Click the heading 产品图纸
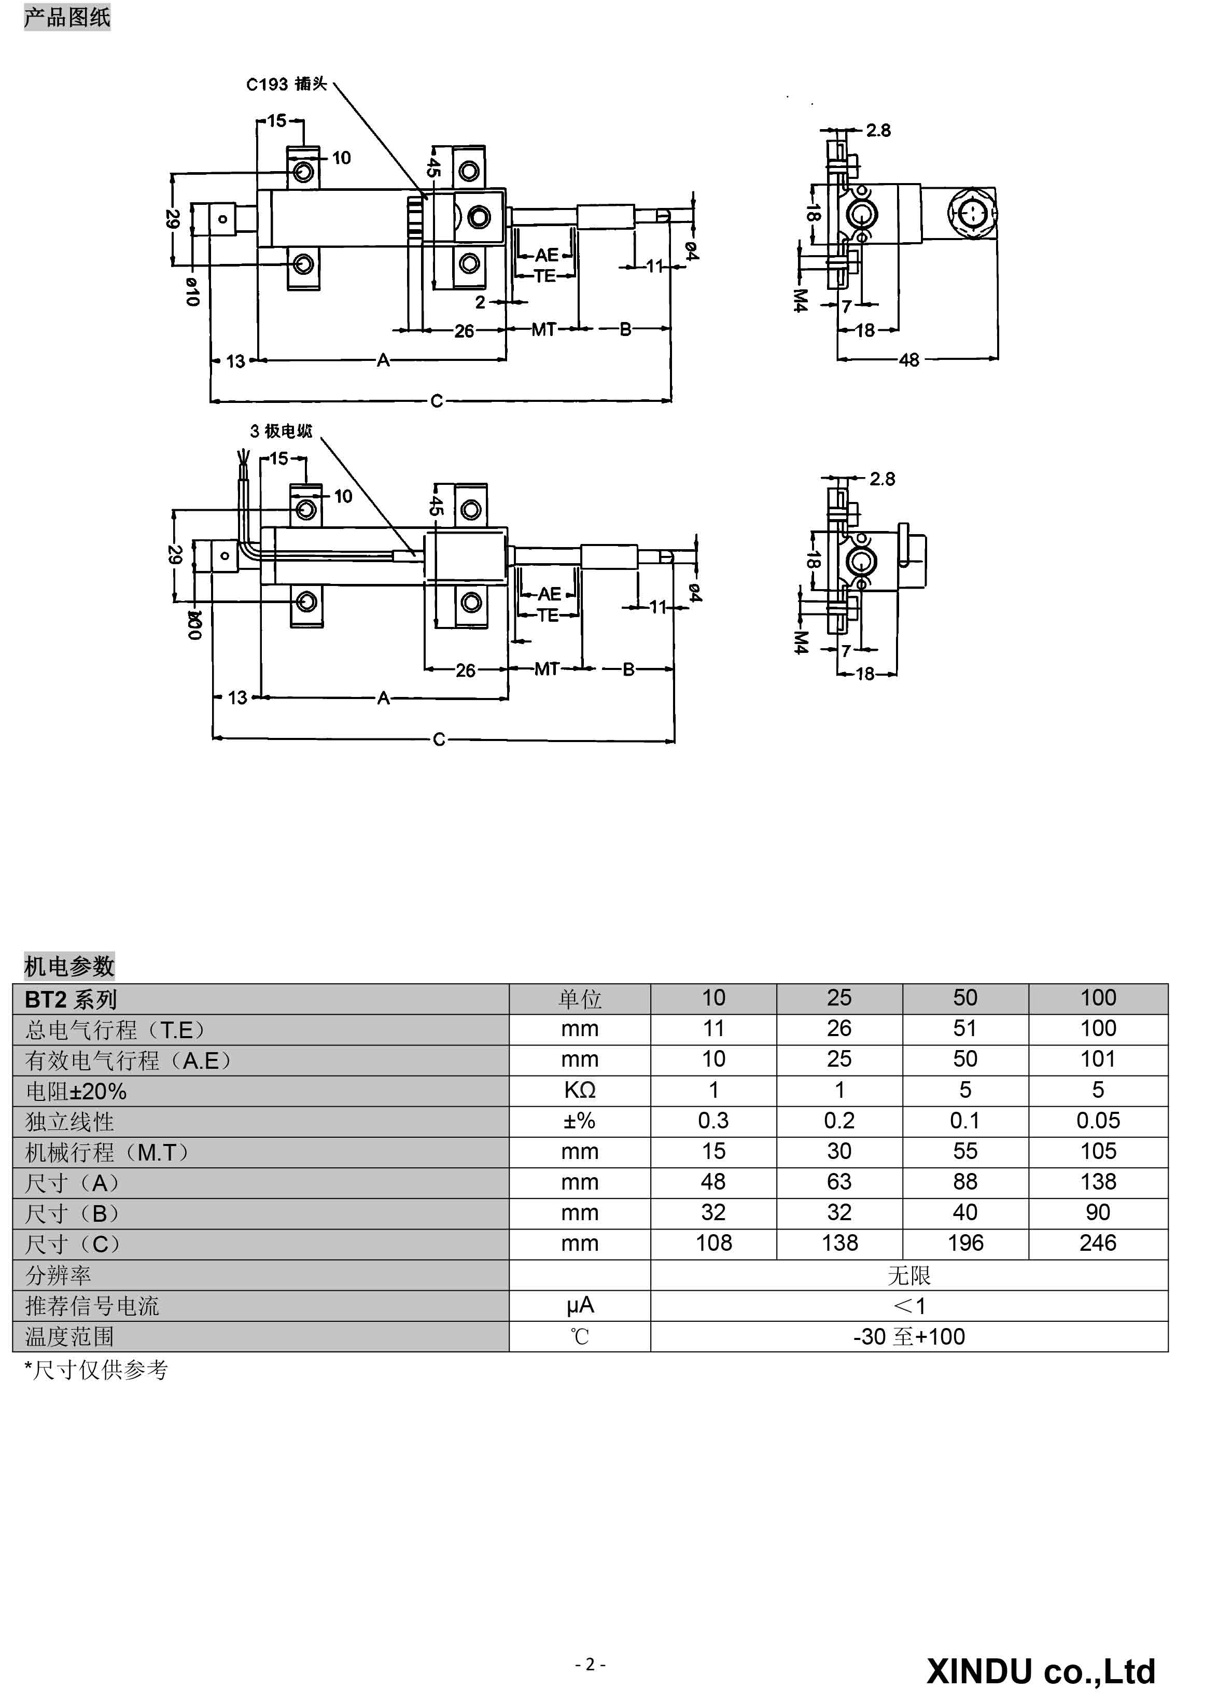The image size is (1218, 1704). point(67,17)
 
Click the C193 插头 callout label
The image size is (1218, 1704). point(287,84)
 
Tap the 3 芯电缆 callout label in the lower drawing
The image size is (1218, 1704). point(281,431)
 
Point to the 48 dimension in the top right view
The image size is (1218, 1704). point(909,360)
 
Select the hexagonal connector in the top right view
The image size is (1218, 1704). point(972,213)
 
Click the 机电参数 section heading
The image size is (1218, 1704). point(69,966)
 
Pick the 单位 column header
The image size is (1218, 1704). point(580,999)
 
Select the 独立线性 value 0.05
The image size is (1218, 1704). point(1098,1121)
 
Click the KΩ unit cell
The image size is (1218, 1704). point(580,1090)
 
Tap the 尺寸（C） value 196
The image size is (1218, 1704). point(965,1243)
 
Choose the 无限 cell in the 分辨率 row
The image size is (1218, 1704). point(909,1275)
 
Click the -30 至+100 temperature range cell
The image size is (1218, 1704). point(909,1336)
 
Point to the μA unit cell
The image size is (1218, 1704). point(580,1306)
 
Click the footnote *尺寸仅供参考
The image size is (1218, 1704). point(96,1370)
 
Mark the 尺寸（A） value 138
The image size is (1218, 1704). point(1098,1182)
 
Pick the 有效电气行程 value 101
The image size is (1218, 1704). point(1098,1059)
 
